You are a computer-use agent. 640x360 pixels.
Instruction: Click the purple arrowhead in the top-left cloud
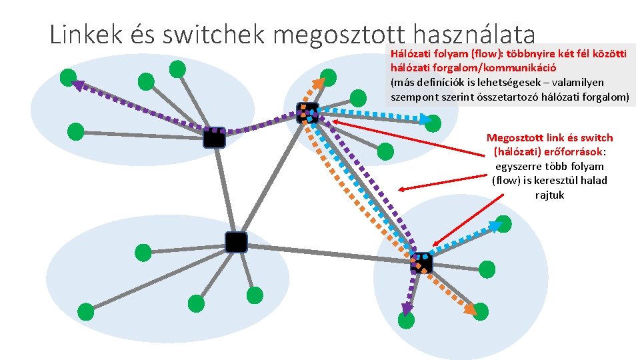77,85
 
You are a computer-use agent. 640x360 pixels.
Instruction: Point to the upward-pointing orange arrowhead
321,82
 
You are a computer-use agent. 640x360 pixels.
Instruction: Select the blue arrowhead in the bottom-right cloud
495,225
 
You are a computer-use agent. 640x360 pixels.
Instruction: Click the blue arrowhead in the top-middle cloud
426,120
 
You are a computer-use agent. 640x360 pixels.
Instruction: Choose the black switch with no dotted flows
236,242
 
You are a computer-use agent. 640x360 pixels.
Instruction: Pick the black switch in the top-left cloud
214,137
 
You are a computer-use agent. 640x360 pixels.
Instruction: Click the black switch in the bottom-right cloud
422,263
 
